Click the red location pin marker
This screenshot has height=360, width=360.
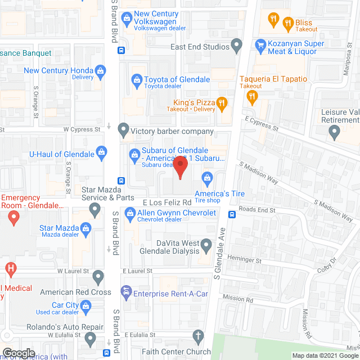click(180, 167)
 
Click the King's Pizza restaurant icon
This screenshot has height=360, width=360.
click(222, 103)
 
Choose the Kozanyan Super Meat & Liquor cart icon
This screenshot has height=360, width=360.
click(260, 44)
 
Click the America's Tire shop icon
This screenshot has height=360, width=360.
click(207, 179)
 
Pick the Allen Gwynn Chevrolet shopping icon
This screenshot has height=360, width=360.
click(130, 213)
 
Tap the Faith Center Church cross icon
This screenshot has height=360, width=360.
click(197, 337)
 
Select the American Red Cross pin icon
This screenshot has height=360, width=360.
click(98, 276)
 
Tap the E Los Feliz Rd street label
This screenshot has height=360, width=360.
click(167, 202)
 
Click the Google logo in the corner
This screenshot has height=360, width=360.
click(19, 353)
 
